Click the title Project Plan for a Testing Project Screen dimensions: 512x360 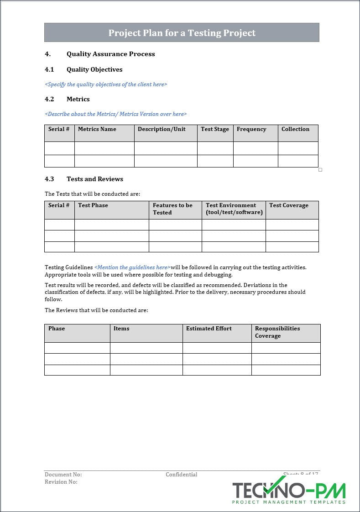pos(182,33)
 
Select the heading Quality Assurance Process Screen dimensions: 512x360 pos(110,54)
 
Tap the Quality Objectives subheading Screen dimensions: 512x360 pos(94,69)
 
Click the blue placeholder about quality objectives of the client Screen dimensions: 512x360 pos(106,84)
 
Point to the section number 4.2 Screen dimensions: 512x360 pos(49,99)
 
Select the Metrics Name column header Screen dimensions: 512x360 pos(97,129)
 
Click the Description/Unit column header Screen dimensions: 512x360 pos(162,129)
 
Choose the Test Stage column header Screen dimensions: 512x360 pos(215,129)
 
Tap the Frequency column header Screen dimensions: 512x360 pos(251,129)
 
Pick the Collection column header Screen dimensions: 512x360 pos(295,129)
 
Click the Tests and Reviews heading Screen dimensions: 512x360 pos(95,179)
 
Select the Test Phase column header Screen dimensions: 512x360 pos(93,205)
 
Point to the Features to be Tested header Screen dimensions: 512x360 pos(172,209)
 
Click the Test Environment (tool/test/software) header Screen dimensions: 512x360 pos(234,209)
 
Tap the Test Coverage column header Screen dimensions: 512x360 pos(289,205)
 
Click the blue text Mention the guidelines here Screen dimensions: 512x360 pos(132,267)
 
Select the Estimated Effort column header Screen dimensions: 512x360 pos(209,329)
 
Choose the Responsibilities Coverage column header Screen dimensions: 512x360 pos(277,332)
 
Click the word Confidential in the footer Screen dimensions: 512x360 pos(182,475)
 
